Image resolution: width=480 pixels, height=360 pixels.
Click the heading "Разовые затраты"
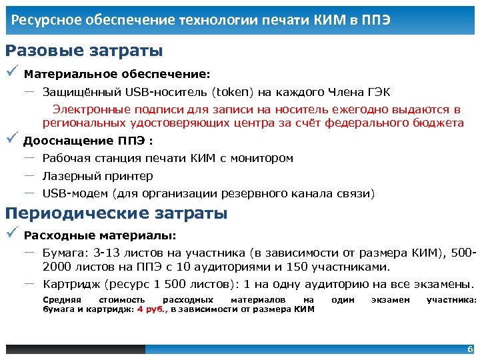[x=84, y=51]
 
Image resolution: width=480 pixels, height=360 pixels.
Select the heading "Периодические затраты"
[x=116, y=213]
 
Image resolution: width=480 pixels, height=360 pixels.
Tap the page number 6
[x=470, y=349]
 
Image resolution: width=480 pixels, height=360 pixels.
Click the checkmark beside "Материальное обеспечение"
[x=11, y=73]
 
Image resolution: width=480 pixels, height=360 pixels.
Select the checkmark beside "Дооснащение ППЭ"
[x=11, y=139]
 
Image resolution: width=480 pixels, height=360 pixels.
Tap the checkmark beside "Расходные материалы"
[x=11, y=235]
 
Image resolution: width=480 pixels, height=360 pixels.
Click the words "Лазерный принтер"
[x=97, y=176]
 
